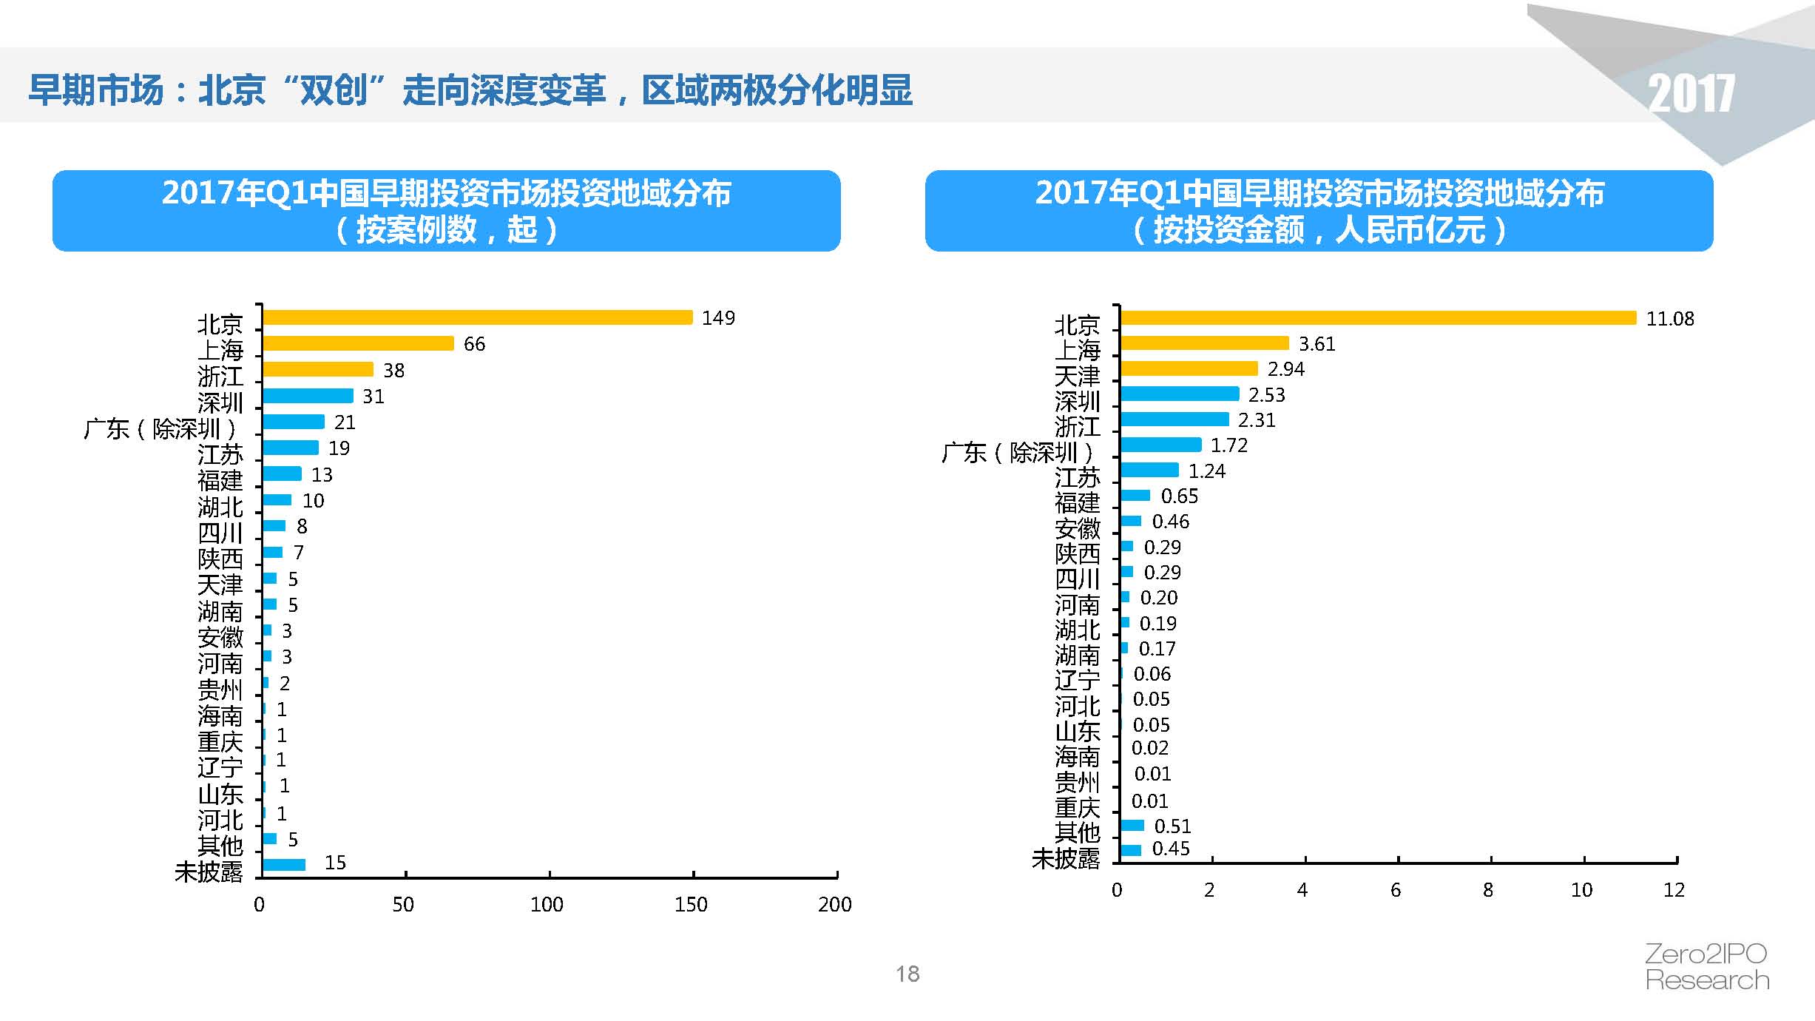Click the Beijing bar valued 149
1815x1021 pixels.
[x=478, y=317]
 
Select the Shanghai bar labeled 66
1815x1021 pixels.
[x=359, y=343]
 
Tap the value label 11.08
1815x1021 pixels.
[x=1669, y=319]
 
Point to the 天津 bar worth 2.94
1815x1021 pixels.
[x=1189, y=368]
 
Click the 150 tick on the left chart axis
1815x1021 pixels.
[x=691, y=904]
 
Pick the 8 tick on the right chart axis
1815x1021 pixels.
[x=1488, y=890]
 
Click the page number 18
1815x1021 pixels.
[x=907, y=974]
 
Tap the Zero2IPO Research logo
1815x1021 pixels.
[x=1706, y=967]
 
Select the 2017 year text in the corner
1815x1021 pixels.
[x=1691, y=95]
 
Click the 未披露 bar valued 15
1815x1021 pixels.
[x=284, y=864]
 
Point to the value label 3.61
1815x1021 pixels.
[x=1317, y=344]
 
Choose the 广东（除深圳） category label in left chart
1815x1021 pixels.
[x=160, y=429]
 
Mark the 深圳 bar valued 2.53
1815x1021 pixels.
[x=1180, y=394]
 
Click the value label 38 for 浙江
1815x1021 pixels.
[x=393, y=371]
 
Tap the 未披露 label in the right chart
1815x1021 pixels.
[x=1066, y=858]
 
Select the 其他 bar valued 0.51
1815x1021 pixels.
[x=1132, y=826]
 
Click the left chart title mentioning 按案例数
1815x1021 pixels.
[x=446, y=211]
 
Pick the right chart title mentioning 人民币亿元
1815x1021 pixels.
[x=1319, y=211]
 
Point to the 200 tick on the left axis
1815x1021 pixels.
[x=834, y=904]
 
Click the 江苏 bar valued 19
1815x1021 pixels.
[x=291, y=448]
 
